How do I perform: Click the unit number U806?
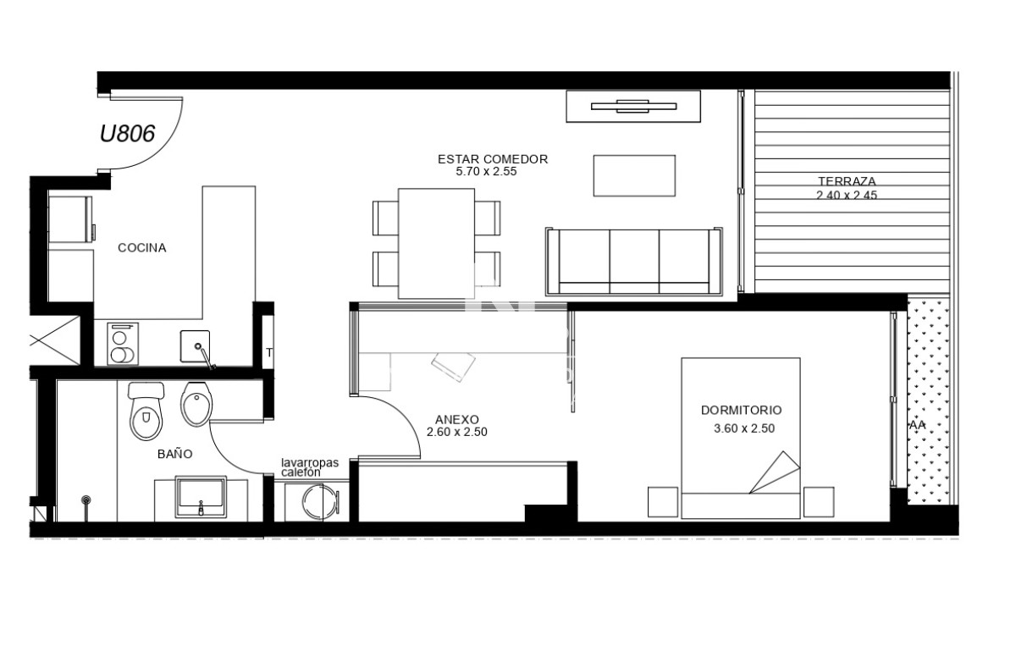127,134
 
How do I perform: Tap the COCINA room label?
141,248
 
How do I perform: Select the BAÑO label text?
174,454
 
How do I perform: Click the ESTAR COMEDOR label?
492,159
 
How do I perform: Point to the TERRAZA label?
847,181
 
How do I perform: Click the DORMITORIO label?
741,410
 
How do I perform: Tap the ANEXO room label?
457,419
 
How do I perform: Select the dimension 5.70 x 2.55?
486,171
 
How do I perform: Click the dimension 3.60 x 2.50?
744,428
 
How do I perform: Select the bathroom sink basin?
200,497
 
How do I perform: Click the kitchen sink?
196,347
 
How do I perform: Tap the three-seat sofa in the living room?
634,262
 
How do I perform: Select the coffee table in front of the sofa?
634,176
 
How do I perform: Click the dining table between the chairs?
436,243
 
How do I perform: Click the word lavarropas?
310,463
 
